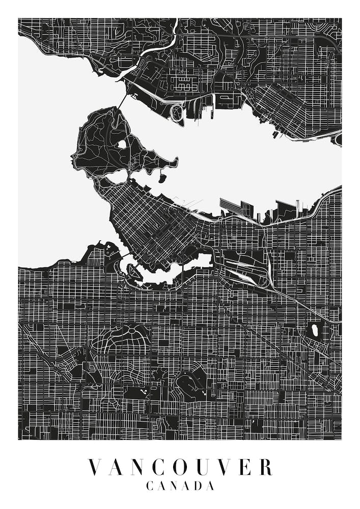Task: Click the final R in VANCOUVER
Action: coord(265,467)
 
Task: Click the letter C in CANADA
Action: coord(150,486)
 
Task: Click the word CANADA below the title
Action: coord(180,486)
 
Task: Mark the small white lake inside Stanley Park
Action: coord(122,144)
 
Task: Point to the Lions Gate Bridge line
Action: coord(122,100)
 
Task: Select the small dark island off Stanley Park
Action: coord(162,178)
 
